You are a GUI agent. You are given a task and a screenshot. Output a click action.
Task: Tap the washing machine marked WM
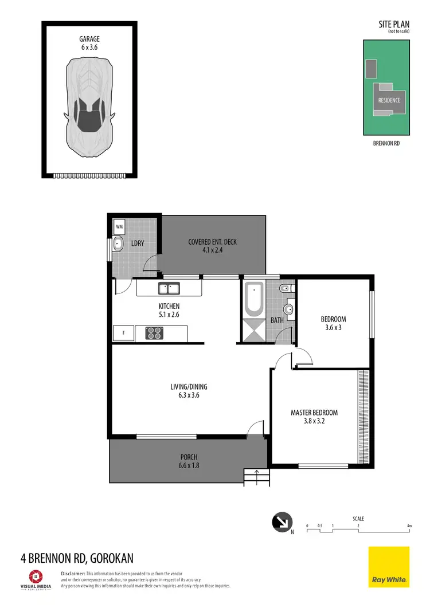coord(119,226)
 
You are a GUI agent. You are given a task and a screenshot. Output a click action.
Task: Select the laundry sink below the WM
coord(119,244)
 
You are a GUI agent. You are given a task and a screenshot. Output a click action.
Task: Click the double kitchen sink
coord(170,288)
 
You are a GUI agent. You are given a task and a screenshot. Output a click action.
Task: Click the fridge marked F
coord(123,332)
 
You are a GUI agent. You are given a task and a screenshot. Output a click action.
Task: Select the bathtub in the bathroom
coord(253,299)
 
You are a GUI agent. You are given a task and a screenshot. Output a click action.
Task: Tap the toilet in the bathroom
coord(284,289)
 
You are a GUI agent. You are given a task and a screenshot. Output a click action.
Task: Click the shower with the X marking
coord(253,332)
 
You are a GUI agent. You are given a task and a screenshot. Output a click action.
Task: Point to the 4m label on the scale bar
coord(409,525)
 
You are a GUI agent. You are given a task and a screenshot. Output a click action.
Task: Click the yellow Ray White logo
coord(388,567)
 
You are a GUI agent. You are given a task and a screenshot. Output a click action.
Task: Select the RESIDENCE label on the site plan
coord(389,100)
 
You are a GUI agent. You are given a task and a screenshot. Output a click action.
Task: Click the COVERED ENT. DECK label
coord(212,242)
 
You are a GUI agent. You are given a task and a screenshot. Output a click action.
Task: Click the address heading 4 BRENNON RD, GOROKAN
coord(77,558)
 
